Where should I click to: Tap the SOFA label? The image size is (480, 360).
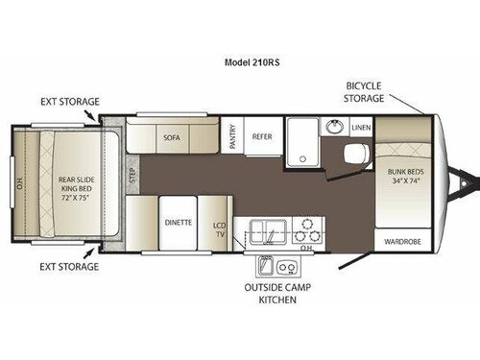[172, 137]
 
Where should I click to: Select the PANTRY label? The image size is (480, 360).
[232, 136]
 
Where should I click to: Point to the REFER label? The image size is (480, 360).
[262, 136]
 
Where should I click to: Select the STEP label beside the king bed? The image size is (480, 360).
[133, 177]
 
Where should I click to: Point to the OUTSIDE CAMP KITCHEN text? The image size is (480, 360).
[270, 294]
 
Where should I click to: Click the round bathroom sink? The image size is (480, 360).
[335, 127]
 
